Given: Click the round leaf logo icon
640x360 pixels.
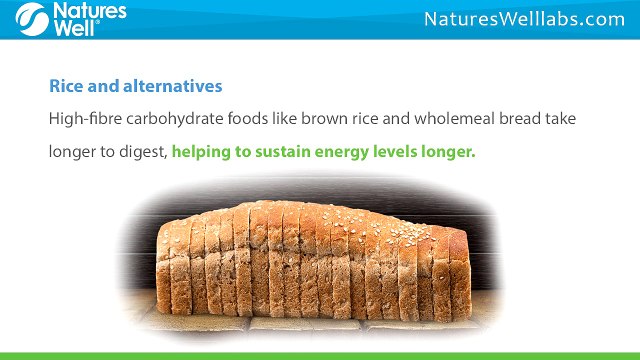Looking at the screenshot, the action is click(x=32, y=19).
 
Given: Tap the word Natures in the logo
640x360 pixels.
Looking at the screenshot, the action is click(x=90, y=11).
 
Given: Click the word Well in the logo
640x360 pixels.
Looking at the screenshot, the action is click(x=74, y=28).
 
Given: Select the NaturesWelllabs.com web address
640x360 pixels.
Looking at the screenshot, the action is click(x=524, y=19).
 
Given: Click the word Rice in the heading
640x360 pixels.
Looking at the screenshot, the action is click(x=66, y=86).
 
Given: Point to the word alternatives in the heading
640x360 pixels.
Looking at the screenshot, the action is click(x=173, y=86).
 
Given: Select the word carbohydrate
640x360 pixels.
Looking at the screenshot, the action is click(x=175, y=119).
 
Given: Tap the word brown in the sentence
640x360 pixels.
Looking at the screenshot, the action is click(x=324, y=119).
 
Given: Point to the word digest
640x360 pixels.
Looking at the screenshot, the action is click(x=143, y=152).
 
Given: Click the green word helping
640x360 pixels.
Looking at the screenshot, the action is click(x=201, y=152).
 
